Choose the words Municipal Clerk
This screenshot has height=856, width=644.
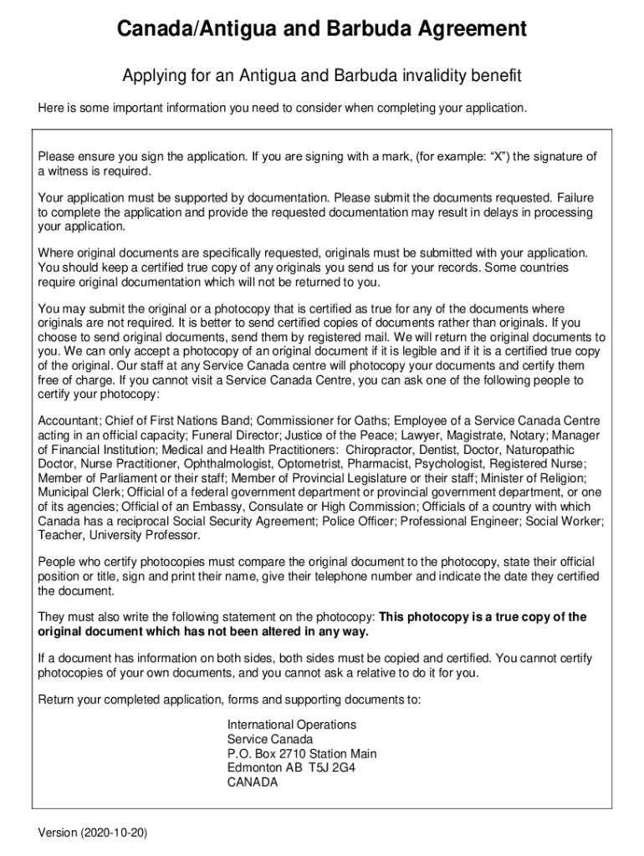click(x=79, y=492)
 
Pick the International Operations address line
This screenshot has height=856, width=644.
click(x=291, y=725)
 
